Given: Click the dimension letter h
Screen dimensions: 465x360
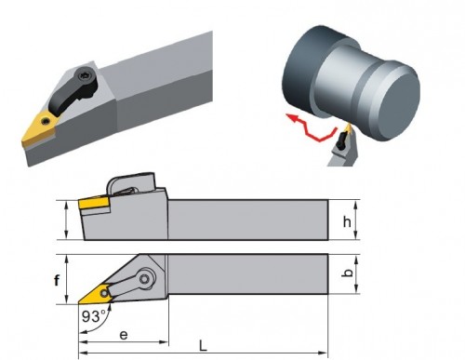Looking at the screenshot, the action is [347, 221].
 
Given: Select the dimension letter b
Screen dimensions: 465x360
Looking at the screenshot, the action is [349, 273].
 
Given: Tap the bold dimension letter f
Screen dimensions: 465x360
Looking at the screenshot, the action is [57, 281].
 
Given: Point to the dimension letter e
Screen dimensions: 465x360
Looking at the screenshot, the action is [124, 335].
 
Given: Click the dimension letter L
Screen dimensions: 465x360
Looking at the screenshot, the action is [203, 345].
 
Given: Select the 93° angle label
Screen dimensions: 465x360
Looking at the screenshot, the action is [94, 316].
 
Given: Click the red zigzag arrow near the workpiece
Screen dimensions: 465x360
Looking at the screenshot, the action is [311, 127].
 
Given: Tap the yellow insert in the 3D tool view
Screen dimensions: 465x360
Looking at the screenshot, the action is [39, 129].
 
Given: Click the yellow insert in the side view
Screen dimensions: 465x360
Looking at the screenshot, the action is [93, 203].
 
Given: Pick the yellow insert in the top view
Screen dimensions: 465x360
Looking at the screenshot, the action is [96, 293].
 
